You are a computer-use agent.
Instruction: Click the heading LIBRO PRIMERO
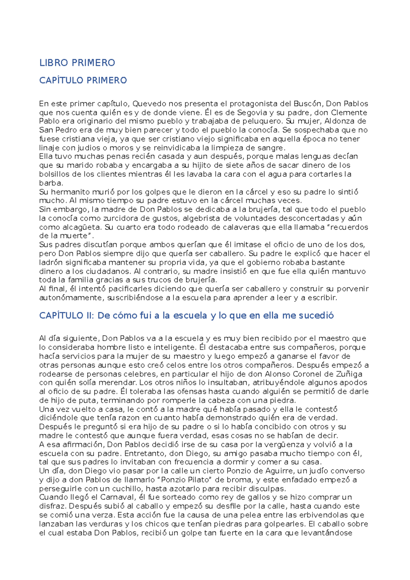77,63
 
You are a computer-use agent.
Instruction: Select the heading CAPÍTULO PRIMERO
83,81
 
